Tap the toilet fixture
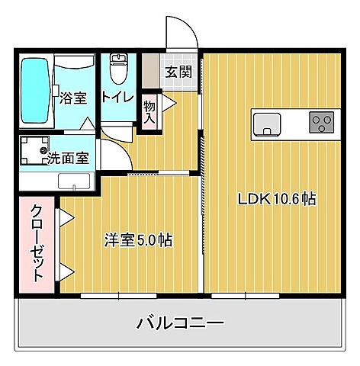[x=117, y=70]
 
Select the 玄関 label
[x=180, y=72]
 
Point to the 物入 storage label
[x=149, y=113]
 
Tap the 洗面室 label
[x=68, y=159]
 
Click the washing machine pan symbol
[x=34, y=152]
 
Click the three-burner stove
[x=321, y=121]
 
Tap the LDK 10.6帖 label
[x=277, y=200]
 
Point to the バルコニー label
[x=180, y=323]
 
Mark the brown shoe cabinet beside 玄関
[x=150, y=72]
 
